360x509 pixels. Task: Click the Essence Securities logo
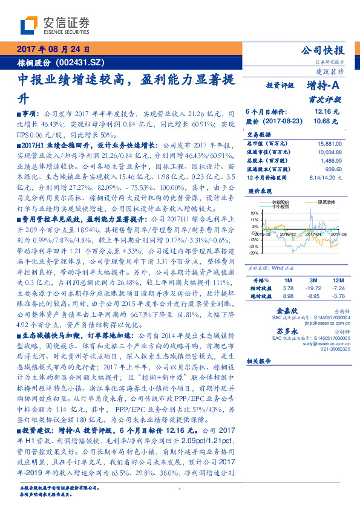point(55,25)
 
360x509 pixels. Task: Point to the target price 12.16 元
point(327,112)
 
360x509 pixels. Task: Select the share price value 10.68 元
point(327,121)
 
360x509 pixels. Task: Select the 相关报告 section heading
point(261,360)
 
